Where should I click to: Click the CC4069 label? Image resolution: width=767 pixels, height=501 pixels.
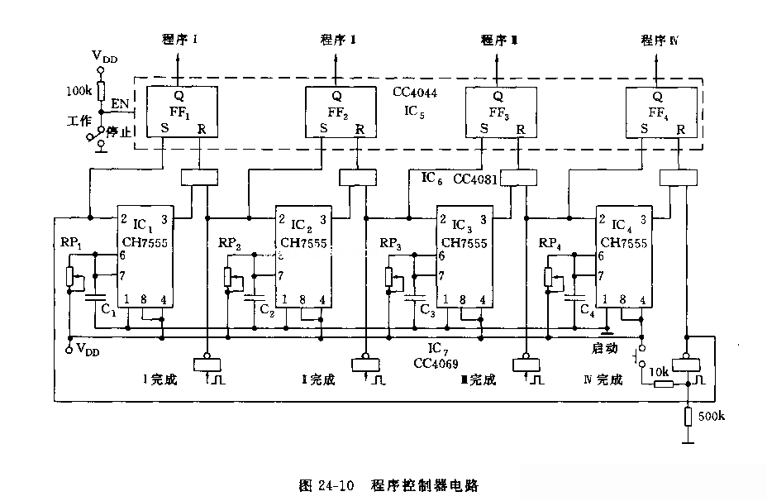[x=437, y=363]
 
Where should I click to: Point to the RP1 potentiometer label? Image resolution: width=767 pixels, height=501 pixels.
[x=71, y=243]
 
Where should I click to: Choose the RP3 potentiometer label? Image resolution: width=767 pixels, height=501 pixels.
[x=392, y=243]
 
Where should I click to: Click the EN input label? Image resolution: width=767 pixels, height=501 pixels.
[x=120, y=105]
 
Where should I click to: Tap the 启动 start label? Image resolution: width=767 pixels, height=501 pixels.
[x=606, y=349]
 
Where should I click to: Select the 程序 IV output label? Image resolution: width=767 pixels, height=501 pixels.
[x=658, y=40]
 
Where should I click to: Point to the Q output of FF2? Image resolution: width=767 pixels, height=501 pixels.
[x=337, y=95]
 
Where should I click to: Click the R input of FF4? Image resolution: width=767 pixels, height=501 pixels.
[x=679, y=129]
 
